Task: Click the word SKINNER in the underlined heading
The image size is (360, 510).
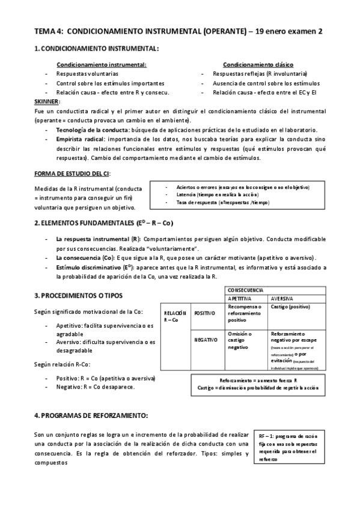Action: pyautogui.click(x=46, y=101)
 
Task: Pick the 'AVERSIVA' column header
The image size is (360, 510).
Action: pyautogui.click(x=282, y=298)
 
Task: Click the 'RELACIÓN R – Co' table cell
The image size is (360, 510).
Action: pyautogui.click(x=174, y=316)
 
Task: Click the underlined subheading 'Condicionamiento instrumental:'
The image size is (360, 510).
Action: pyautogui.click(x=101, y=64)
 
